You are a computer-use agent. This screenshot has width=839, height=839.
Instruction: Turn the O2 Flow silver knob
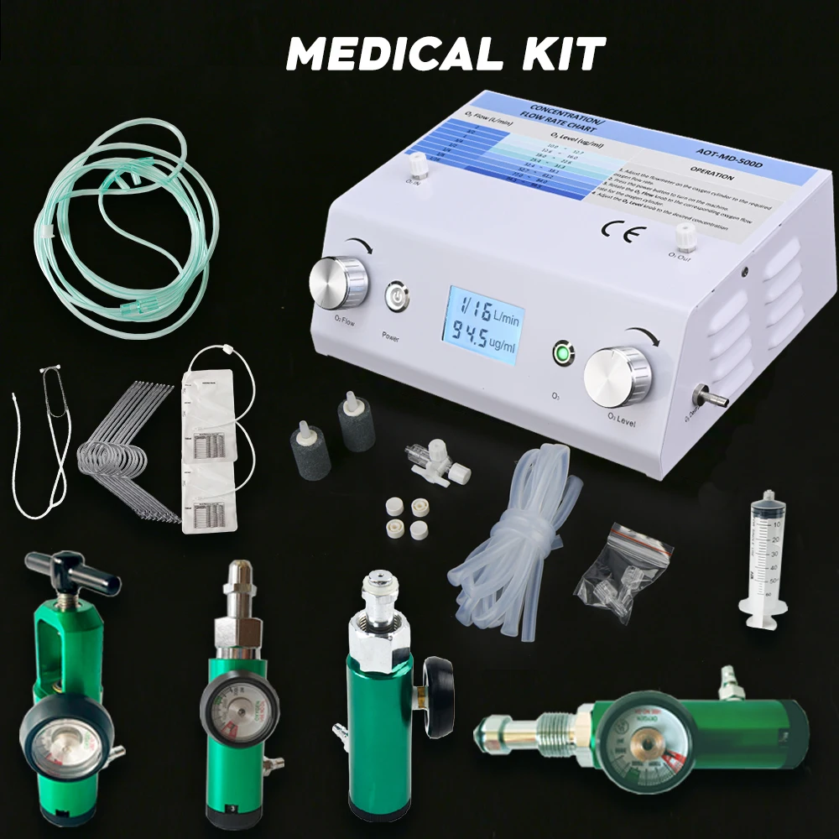coord(338,282)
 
